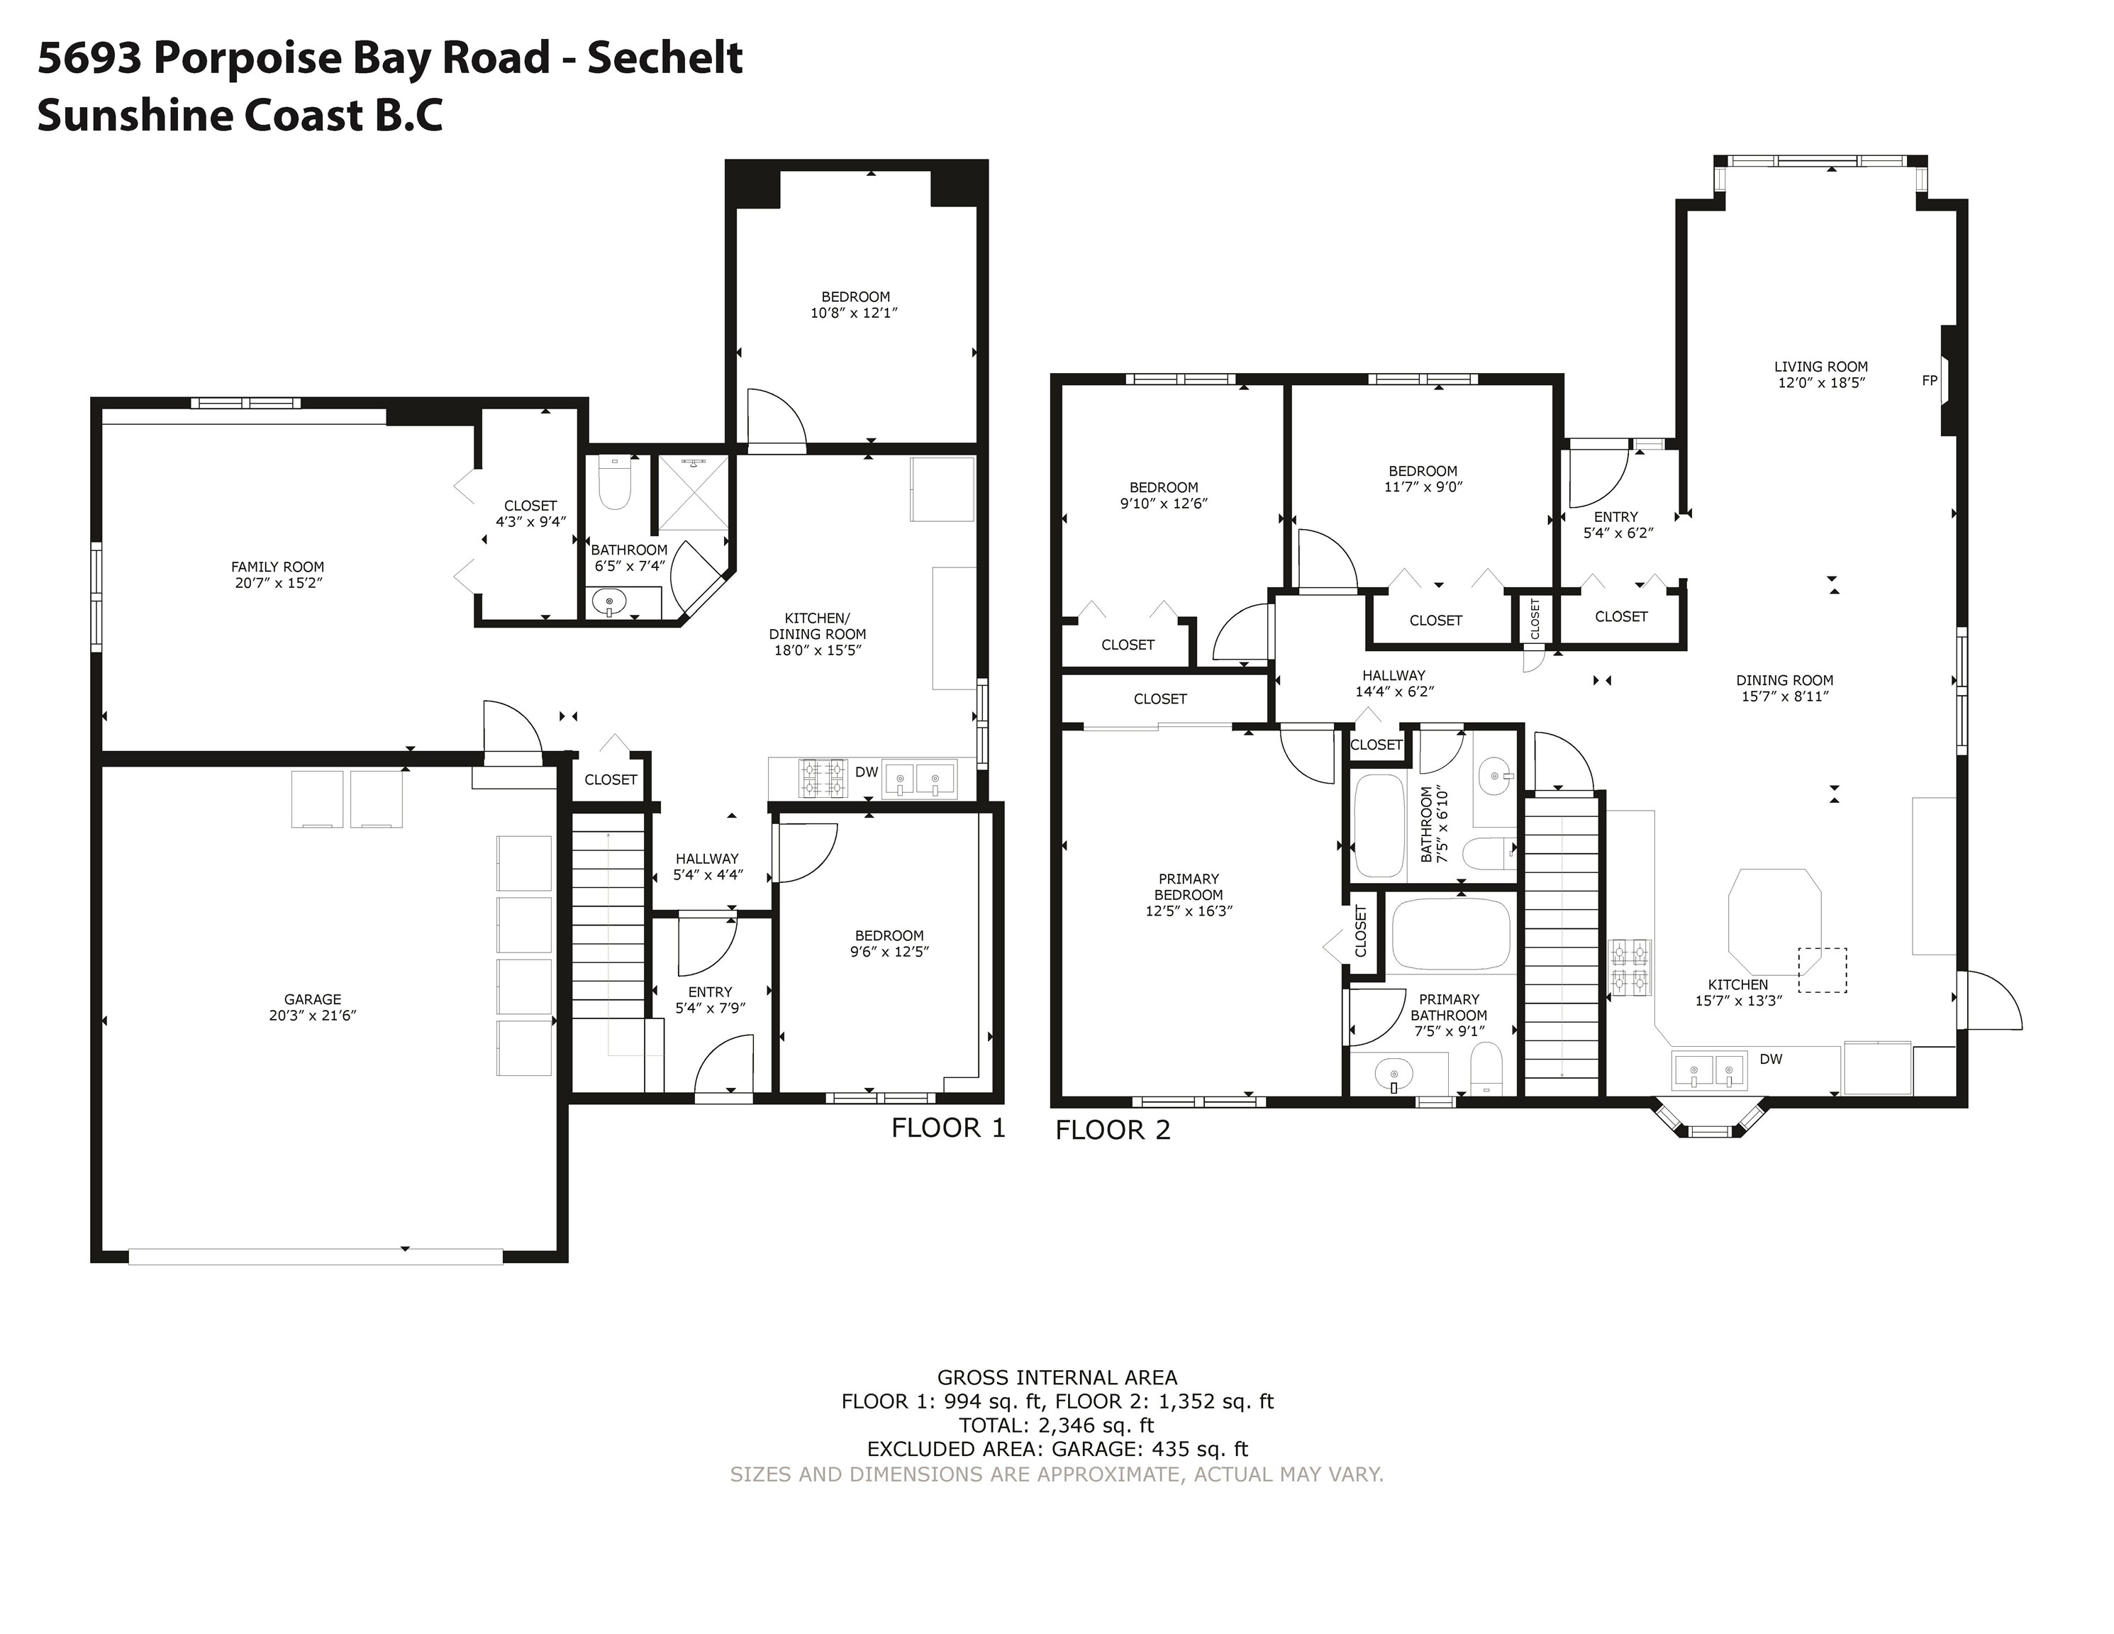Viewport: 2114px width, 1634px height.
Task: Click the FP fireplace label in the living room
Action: click(1929, 380)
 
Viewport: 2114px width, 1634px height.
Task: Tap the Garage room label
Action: click(313, 999)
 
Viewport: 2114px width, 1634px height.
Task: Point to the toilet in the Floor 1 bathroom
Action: click(615, 482)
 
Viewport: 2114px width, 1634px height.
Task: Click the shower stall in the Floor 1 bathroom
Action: click(692, 494)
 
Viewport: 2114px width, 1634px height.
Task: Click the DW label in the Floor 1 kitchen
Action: click(867, 772)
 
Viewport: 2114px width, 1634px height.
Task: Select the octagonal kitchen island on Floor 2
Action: click(1774, 921)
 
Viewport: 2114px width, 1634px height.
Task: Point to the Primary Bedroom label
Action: click(1189, 887)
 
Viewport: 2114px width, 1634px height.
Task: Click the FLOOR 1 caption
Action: click(949, 1128)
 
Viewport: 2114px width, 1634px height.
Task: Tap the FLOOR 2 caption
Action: click(1113, 1130)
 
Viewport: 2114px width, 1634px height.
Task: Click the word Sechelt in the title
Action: click(665, 57)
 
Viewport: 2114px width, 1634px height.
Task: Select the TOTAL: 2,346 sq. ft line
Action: click(1057, 1425)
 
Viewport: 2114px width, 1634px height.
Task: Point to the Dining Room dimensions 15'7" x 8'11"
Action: click(1785, 696)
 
